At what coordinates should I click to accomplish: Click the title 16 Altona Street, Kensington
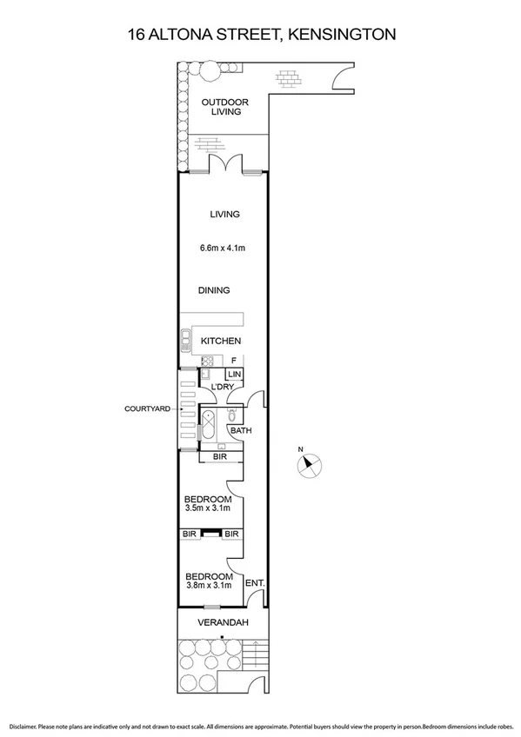click(x=261, y=35)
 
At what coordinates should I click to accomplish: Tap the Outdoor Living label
click(x=224, y=107)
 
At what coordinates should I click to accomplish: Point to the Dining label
click(x=213, y=290)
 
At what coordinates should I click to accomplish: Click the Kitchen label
click(x=221, y=341)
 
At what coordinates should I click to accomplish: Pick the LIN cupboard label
click(x=235, y=375)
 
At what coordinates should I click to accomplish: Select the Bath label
click(x=240, y=430)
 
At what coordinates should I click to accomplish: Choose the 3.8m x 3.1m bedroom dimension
click(x=209, y=586)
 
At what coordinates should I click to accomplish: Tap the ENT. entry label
click(x=255, y=583)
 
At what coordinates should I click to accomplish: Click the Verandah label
click(x=224, y=623)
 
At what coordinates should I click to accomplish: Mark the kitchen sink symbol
click(x=185, y=340)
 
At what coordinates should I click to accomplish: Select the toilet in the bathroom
click(x=230, y=415)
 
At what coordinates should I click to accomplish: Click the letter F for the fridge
click(x=234, y=360)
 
